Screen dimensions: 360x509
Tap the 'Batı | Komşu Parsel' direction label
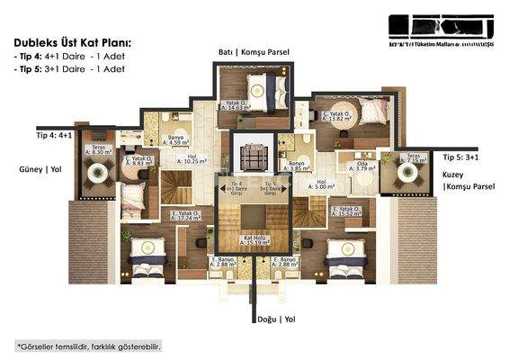pos(254,52)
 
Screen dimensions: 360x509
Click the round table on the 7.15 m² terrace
pos(398,178)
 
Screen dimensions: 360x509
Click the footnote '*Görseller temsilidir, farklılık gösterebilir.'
pos(89,346)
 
